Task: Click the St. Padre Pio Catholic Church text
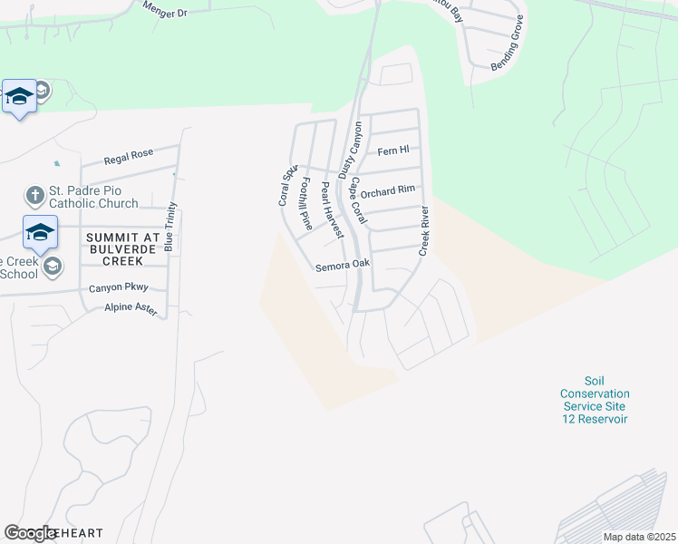click(x=92, y=197)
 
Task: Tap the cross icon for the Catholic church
click(x=34, y=195)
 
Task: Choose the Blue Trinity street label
click(x=170, y=227)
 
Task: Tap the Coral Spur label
click(x=287, y=185)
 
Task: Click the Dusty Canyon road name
click(x=350, y=149)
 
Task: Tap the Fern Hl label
click(x=393, y=151)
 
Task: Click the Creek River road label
click(x=422, y=230)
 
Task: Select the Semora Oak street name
click(x=343, y=266)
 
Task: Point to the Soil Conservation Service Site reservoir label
click(x=595, y=400)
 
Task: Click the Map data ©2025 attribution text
click(x=638, y=537)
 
